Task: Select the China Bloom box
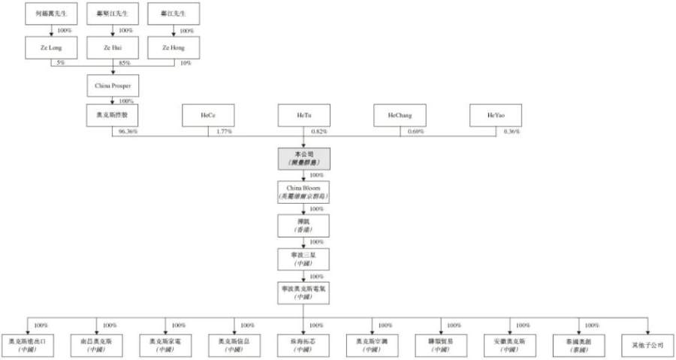[302, 191]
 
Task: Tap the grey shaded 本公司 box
[302, 158]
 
